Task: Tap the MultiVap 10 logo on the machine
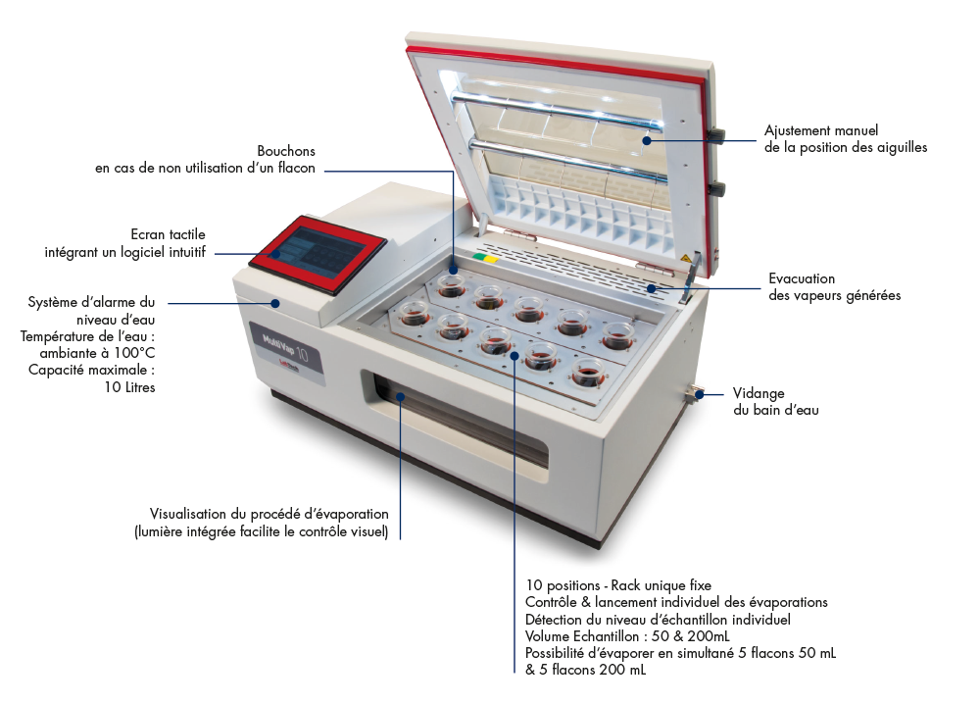[x=281, y=348]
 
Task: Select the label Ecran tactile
[x=168, y=234]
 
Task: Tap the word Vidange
[x=759, y=392]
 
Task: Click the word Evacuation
[x=802, y=278]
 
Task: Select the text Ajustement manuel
[x=821, y=130]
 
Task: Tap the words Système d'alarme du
[x=91, y=302]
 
